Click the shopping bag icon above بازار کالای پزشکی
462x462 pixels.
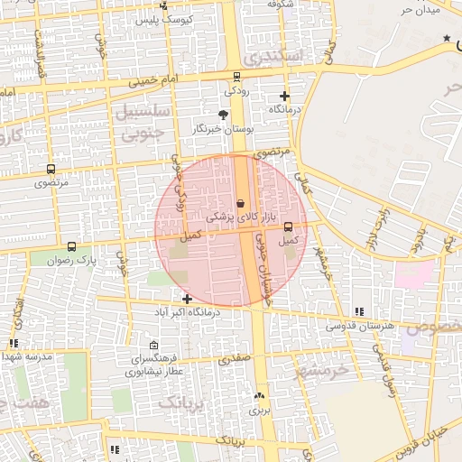coord(240,204)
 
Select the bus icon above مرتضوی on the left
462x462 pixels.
coord(50,169)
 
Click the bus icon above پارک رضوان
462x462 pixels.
coord(72,246)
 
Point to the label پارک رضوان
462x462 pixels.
coord(74,260)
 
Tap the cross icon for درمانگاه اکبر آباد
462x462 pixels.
coord(187,299)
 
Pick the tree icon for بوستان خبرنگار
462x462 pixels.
coord(223,115)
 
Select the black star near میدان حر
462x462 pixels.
coord(448,38)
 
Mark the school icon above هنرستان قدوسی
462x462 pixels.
coord(360,311)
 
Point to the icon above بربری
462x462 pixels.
coord(260,395)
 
